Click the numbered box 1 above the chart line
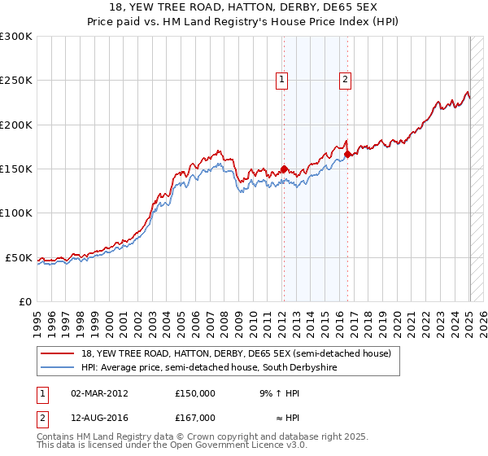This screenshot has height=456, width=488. (x=281, y=79)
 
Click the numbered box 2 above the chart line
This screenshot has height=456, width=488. (x=346, y=79)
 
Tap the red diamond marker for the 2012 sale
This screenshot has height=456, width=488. (x=284, y=169)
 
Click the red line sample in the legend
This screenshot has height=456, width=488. (x=59, y=353)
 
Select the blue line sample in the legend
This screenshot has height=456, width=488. (x=59, y=368)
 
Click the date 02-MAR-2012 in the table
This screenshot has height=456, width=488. (x=99, y=393)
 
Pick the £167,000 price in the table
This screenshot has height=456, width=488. (x=195, y=418)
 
